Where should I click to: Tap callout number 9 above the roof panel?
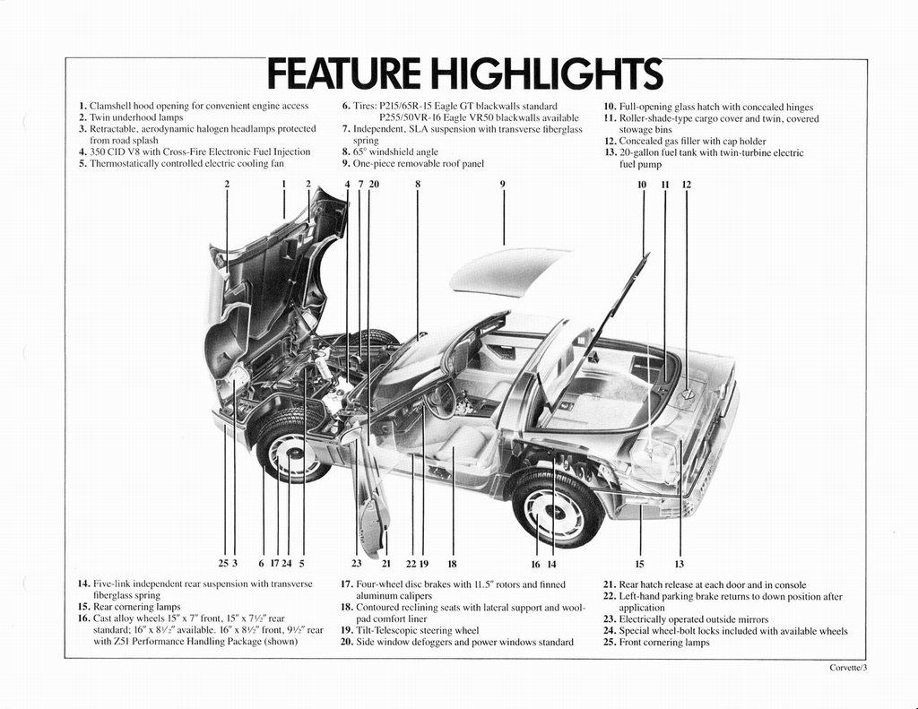point(503,185)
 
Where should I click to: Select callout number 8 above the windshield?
point(418,185)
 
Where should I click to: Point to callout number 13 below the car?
point(680,564)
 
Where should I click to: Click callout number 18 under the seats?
point(452,564)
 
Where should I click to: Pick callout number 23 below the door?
point(356,564)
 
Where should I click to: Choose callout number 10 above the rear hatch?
point(642,185)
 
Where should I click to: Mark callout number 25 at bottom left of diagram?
point(223,564)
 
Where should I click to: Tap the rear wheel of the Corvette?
point(556,509)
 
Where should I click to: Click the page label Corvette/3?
point(848,668)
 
